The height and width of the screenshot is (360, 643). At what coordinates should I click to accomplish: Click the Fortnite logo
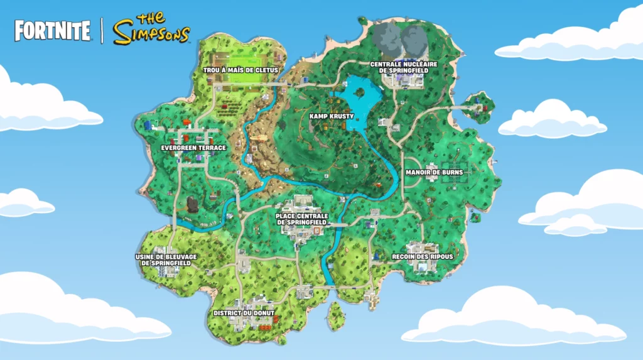pos(52,31)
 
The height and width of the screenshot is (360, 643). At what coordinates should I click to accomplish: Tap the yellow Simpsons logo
pos(151,29)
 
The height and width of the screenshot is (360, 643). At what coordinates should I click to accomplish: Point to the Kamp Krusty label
pos(332,116)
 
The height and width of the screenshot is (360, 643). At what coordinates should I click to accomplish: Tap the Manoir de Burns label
pos(434,172)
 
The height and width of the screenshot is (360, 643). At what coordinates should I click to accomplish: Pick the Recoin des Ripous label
pos(422,257)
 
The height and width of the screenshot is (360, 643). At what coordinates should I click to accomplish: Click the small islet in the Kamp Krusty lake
pos(360,92)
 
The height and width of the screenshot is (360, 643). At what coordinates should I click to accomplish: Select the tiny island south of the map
pos(336,314)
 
